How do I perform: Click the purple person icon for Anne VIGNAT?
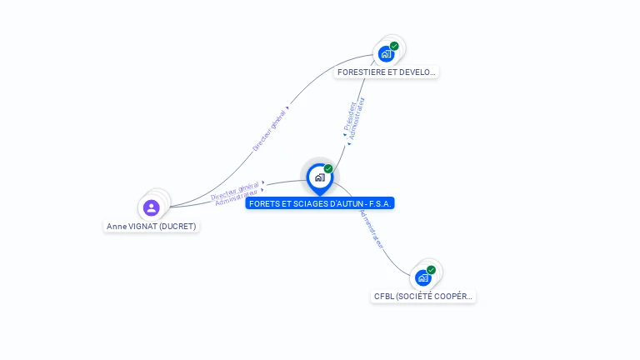click(151, 207)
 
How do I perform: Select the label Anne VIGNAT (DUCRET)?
click(152, 226)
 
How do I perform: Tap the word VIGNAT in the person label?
click(142, 226)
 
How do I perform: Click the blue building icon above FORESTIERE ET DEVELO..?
click(386, 54)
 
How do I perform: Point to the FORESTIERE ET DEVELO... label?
click(386, 72)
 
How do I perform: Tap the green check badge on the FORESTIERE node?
click(394, 46)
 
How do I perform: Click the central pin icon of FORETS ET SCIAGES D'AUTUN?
click(319, 177)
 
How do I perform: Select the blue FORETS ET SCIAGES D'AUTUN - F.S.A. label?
click(320, 203)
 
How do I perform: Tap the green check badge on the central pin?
click(328, 169)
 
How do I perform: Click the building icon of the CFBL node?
click(423, 277)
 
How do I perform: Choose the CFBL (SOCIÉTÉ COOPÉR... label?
click(423, 296)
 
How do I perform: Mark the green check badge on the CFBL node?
click(431, 269)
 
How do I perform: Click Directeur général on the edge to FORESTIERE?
click(269, 131)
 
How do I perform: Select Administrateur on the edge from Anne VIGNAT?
click(237, 198)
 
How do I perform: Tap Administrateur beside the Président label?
click(357, 118)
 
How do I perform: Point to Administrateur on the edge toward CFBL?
click(372, 228)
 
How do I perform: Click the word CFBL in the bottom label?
click(383, 296)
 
